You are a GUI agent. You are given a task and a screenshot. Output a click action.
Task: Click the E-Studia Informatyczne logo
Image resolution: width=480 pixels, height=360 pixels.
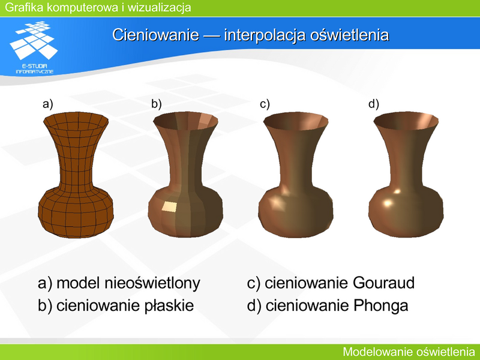click(x=34, y=47)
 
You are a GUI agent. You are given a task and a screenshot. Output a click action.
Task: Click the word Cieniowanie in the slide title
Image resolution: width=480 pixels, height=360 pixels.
click(x=155, y=35)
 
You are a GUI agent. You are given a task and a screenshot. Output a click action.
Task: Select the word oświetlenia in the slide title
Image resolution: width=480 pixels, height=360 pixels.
click(x=350, y=35)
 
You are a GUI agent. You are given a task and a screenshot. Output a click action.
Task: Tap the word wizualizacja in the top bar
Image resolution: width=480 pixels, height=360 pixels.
click(x=159, y=7)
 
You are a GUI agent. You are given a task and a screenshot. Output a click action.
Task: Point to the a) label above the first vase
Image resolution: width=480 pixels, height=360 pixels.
click(x=48, y=104)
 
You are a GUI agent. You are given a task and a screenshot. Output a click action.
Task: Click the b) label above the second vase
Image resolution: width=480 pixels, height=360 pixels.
click(x=157, y=104)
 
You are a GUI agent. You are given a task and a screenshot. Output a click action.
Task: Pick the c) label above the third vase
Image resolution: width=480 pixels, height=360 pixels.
click(x=265, y=104)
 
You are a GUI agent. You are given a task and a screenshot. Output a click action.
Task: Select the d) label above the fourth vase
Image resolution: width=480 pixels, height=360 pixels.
click(x=374, y=104)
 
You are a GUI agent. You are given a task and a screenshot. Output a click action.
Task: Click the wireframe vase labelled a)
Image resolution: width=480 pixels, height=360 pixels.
click(x=76, y=175)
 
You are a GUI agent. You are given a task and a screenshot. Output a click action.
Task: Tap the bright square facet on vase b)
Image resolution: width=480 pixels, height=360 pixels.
click(x=169, y=207)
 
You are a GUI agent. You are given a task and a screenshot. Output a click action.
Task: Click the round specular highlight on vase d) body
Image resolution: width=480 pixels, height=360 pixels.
click(x=388, y=203)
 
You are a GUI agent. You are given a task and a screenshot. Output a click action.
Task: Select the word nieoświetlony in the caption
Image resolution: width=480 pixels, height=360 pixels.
click(x=152, y=283)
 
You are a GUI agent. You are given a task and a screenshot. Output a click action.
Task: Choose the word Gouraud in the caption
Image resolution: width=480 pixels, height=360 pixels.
click(x=383, y=283)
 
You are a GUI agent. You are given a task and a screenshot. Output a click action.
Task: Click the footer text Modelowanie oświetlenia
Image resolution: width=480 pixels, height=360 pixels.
click(x=409, y=352)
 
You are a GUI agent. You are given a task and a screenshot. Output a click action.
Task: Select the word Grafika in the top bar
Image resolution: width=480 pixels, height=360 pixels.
click(x=24, y=7)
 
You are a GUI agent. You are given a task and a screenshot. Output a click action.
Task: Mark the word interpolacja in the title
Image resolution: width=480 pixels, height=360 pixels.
click(x=265, y=35)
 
